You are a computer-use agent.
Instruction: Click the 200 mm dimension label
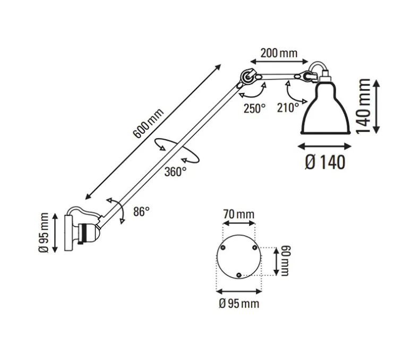tap(278, 53)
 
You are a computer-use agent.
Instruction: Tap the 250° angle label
tap(254, 108)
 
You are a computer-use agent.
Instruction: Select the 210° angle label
tap(288, 108)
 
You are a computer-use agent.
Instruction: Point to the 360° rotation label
tap(176, 171)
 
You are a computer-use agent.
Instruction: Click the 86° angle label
tap(141, 211)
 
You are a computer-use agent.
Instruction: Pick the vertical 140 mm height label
tap(365, 106)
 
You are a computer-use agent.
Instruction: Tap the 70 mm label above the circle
tap(238, 215)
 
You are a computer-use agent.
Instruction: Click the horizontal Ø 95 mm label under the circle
tap(238, 303)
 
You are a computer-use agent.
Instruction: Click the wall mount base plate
tap(68, 233)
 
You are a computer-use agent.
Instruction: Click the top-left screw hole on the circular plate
tap(223, 248)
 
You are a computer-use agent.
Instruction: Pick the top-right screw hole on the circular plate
tap(254, 248)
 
